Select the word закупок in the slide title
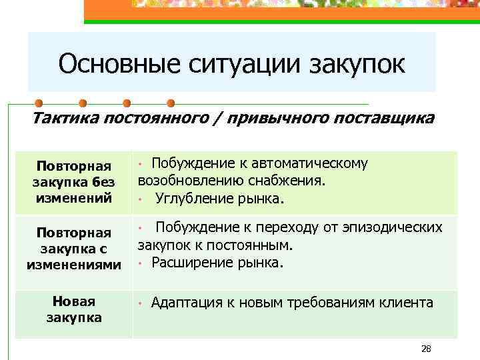pos(357,65)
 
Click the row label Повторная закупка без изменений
pos(73,182)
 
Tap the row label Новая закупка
pos(73,309)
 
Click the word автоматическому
pos(309,164)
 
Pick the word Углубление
pos(193,198)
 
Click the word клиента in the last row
pos(407,303)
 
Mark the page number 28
pos(427,349)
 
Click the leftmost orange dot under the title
pos(39,103)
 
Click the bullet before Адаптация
pos(141,304)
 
